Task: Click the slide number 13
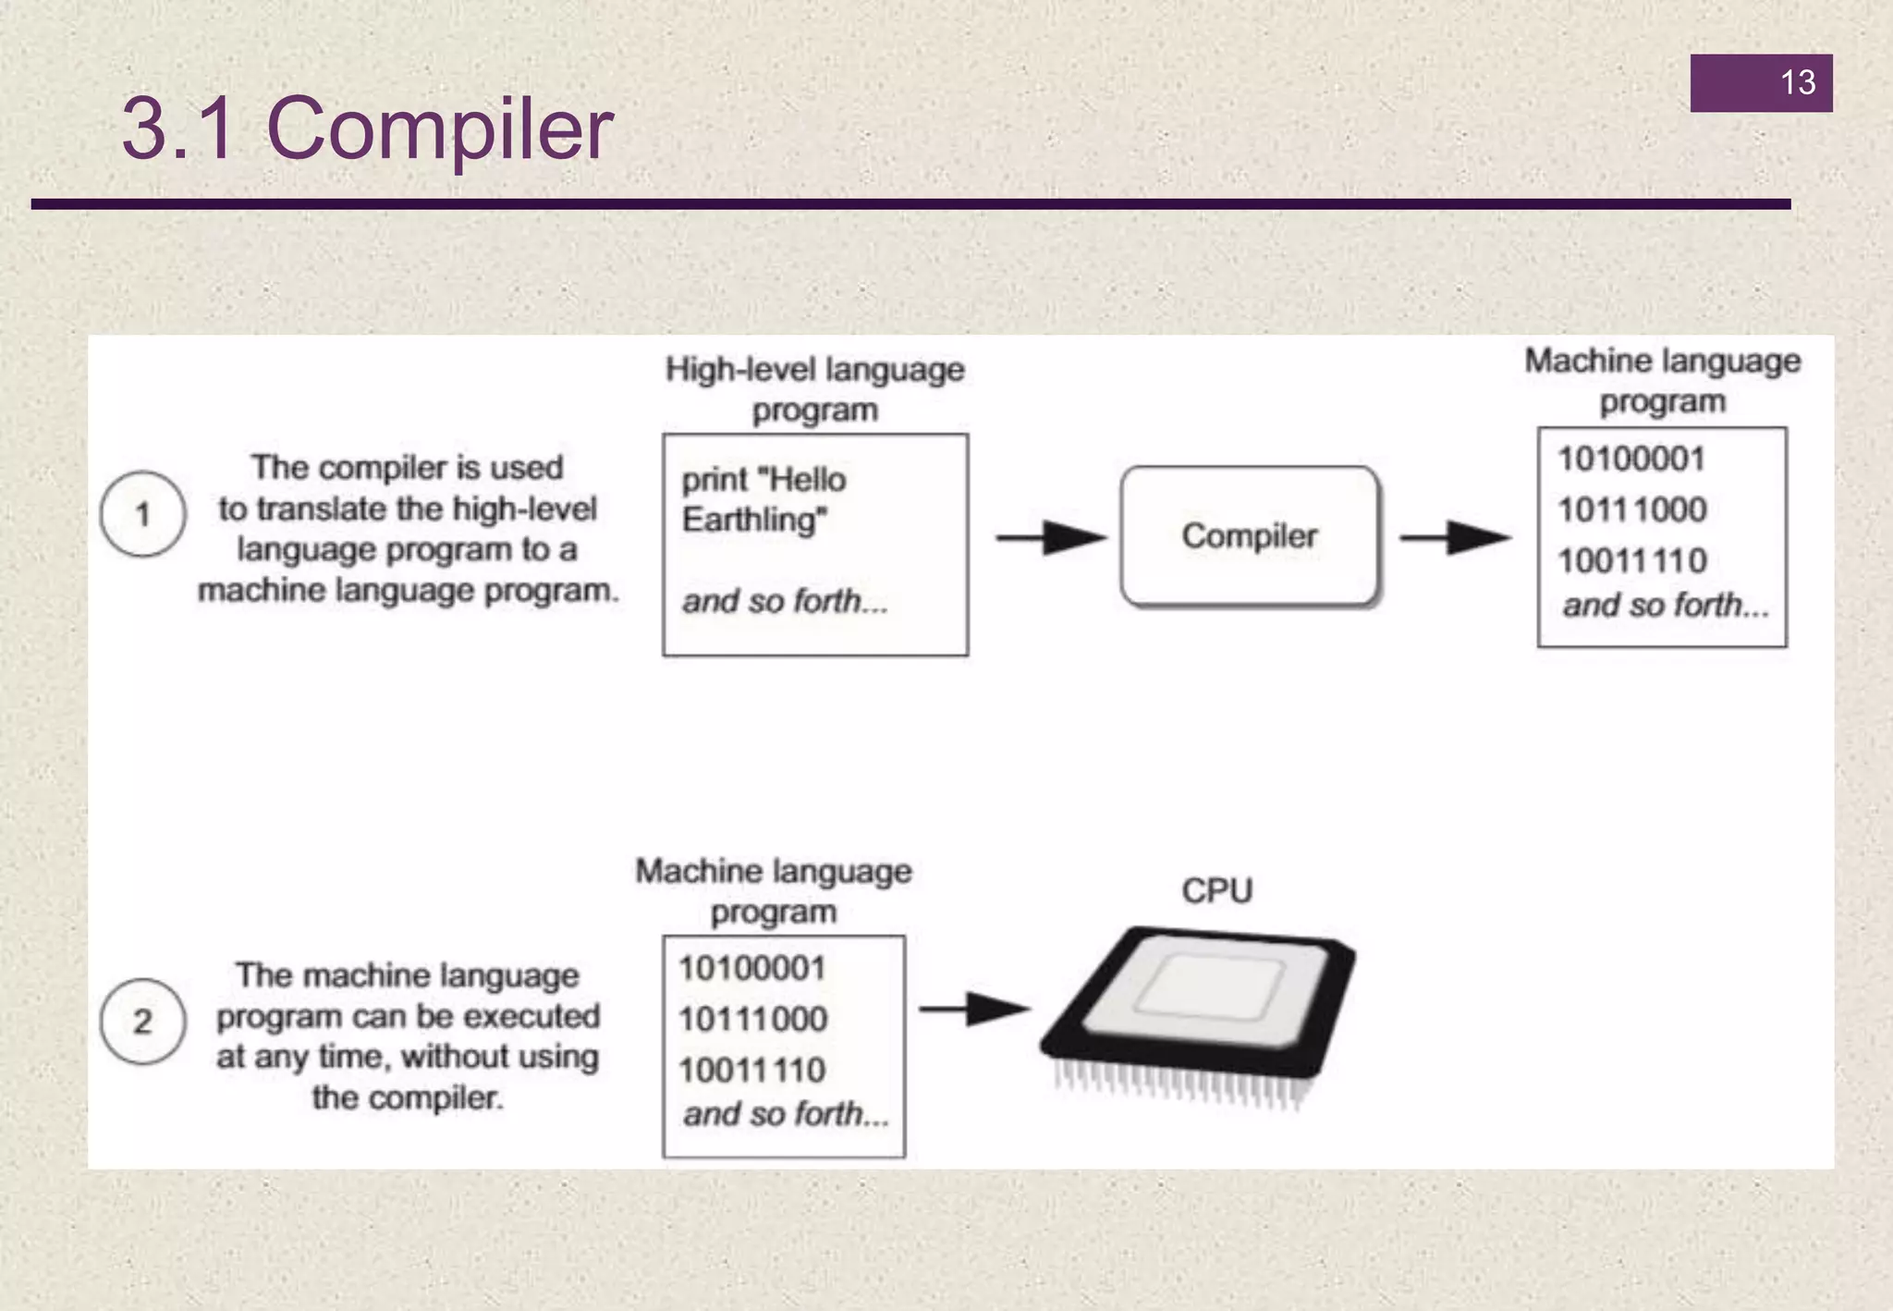(x=1797, y=83)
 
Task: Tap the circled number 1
(x=142, y=514)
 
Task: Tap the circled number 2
(x=142, y=1022)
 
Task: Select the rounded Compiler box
(x=1249, y=536)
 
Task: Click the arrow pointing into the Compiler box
(x=1050, y=537)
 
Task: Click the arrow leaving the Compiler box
(x=1455, y=537)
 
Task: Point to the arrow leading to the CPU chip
(x=974, y=1009)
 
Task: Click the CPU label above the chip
(x=1216, y=890)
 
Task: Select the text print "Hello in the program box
(x=763, y=480)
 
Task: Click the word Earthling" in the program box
(x=754, y=521)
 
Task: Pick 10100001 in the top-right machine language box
(x=1630, y=459)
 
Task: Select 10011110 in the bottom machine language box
(x=751, y=1071)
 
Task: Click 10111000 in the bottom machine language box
(x=752, y=1020)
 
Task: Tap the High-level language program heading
(x=814, y=389)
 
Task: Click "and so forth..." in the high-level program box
(x=785, y=602)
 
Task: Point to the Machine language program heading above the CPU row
(x=774, y=890)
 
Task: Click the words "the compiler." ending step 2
(x=407, y=1098)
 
